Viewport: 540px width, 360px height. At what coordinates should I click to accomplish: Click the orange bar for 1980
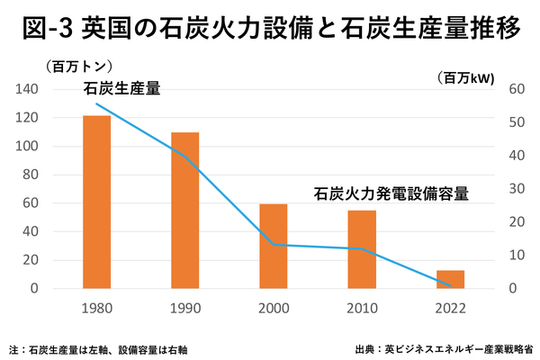pyautogui.click(x=96, y=202)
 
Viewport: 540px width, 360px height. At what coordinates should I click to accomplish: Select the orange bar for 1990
pyautogui.click(x=184, y=211)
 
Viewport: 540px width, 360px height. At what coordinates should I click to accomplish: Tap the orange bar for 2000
pyautogui.click(x=274, y=247)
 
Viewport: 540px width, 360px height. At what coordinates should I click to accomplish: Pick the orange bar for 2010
pyautogui.click(x=362, y=249)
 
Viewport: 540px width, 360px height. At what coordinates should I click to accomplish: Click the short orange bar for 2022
pyautogui.click(x=450, y=280)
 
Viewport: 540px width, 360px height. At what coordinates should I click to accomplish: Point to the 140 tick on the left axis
pyautogui.click(x=28, y=89)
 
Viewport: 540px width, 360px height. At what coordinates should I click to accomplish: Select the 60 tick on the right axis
pyautogui.click(x=516, y=89)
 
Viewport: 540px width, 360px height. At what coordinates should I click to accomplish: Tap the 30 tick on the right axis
pyautogui.click(x=516, y=189)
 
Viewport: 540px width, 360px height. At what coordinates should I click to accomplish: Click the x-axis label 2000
pyautogui.click(x=274, y=308)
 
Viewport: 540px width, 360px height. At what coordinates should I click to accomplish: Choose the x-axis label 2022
pyautogui.click(x=450, y=308)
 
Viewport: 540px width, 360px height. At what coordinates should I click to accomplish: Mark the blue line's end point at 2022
pyautogui.click(x=450, y=286)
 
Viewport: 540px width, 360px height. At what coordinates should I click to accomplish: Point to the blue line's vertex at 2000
pyautogui.click(x=274, y=245)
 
